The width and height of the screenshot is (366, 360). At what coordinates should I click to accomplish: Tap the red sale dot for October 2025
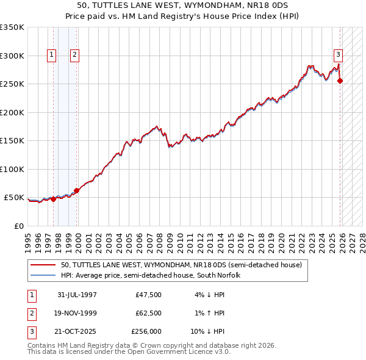pyautogui.click(x=340, y=81)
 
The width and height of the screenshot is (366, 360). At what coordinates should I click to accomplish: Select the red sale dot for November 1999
pyautogui.click(x=77, y=190)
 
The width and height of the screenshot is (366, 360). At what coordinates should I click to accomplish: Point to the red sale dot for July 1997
pyautogui.click(x=53, y=199)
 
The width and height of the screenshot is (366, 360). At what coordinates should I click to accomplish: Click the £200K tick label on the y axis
pyautogui.click(x=12, y=112)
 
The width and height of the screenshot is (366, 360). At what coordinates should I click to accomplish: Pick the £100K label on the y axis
pyautogui.click(x=12, y=169)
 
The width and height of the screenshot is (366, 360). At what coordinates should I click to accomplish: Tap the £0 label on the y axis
pyautogui.click(x=18, y=226)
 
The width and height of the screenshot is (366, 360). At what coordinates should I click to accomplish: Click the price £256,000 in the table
pyautogui.click(x=146, y=331)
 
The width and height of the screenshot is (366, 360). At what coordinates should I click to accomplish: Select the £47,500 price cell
pyautogui.click(x=149, y=295)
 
